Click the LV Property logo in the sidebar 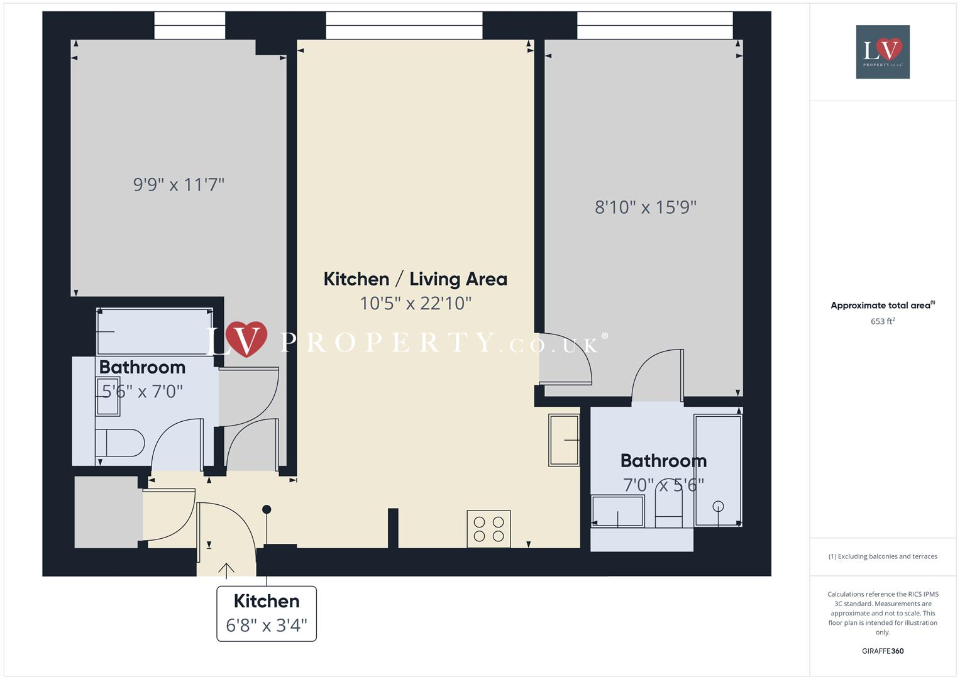tap(883, 52)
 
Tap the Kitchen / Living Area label tap(415, 279)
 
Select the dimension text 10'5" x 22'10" tap(415, 304)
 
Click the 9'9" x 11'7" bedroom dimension tap(179, 185)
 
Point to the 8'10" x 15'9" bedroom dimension tap(646, 207)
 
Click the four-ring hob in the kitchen tap(488, 529)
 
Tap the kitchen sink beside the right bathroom tap(564, 440)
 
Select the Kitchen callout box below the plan tap(267, 614)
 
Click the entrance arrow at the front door tap(226, 569)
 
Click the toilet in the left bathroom tap(119, 443)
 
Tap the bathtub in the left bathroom tap(155, 331)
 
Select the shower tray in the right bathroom tap(718, 470)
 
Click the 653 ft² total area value tap(883, 321)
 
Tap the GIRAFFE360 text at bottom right tap(883, 651)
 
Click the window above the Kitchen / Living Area tap(404, 25)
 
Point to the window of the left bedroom tap(190, 25)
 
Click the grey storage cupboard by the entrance tap(106, 512)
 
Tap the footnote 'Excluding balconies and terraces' tap(883, 556)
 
